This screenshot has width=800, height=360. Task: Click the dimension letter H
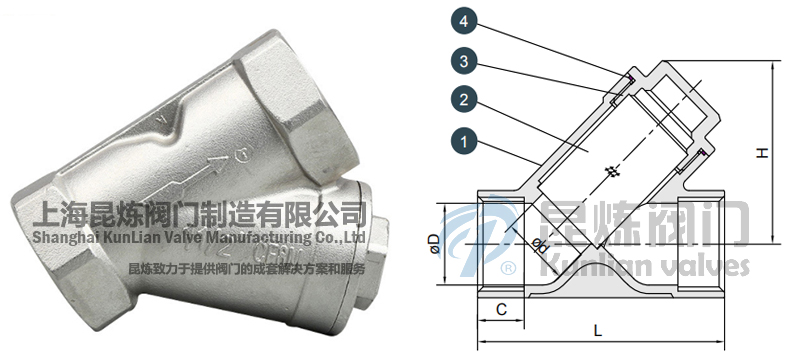tap(762, 153)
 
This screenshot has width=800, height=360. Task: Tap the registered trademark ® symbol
tap(506, 270)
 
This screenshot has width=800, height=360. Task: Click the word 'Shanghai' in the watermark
tap(67, 237)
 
